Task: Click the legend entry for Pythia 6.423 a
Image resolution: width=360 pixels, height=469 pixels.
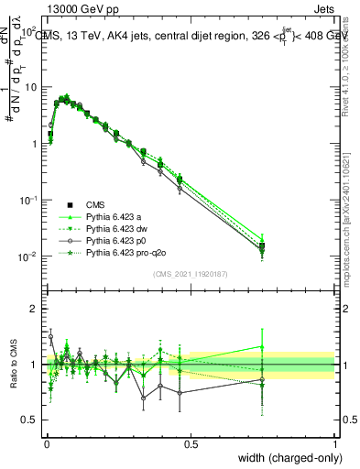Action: (x=115, y=216)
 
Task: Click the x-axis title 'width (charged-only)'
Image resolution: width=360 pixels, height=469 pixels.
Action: (x=284, y=458)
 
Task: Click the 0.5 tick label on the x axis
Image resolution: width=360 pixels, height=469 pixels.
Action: (x=191, y=444)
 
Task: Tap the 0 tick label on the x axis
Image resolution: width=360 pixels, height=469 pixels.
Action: (x=46, y=444)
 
